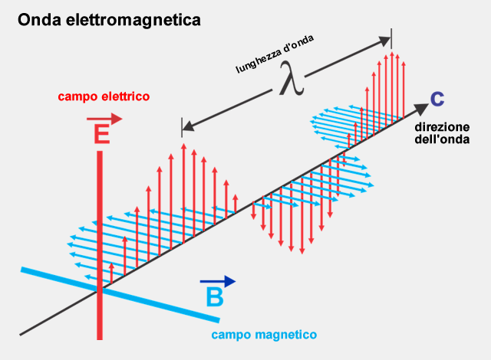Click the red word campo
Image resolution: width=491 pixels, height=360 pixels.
click(80, 97)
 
